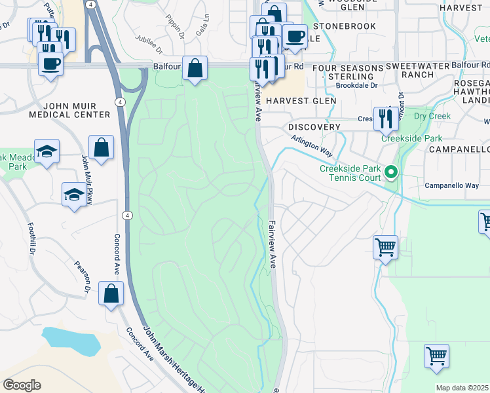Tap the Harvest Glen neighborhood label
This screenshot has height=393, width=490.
pyautogui.click(x=302, y=101)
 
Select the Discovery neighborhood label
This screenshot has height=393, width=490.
pyautogui.click(x=314, y=126)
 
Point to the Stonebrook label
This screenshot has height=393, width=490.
pyautogui.click(x=345, y=26)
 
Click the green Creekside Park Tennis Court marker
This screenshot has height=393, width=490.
pyautogui.click(x=392, y=173)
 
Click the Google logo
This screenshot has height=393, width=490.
pyautogui.click(x=22, y=385)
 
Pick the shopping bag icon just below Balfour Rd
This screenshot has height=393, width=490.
pyautogui.click(x=195, y=67)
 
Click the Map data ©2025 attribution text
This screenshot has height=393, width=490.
pyautogui.click(x=462, y=388)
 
